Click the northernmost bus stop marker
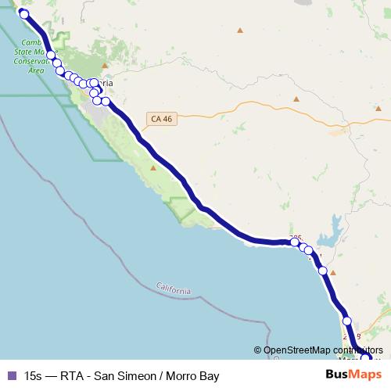[x=23, y=13]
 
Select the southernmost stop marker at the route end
[x=365, y=358]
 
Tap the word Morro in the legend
[x=181, y=376]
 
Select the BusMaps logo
[x=348, y=375]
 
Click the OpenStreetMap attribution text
[x=321, y=350]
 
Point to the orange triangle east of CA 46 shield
[x=296, y=99]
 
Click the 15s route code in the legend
[x=34, y=376]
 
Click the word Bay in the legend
[x=208, y=376]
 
